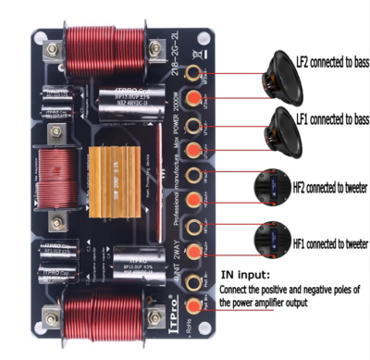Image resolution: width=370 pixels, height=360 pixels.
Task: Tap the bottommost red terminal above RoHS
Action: [194, 305]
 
